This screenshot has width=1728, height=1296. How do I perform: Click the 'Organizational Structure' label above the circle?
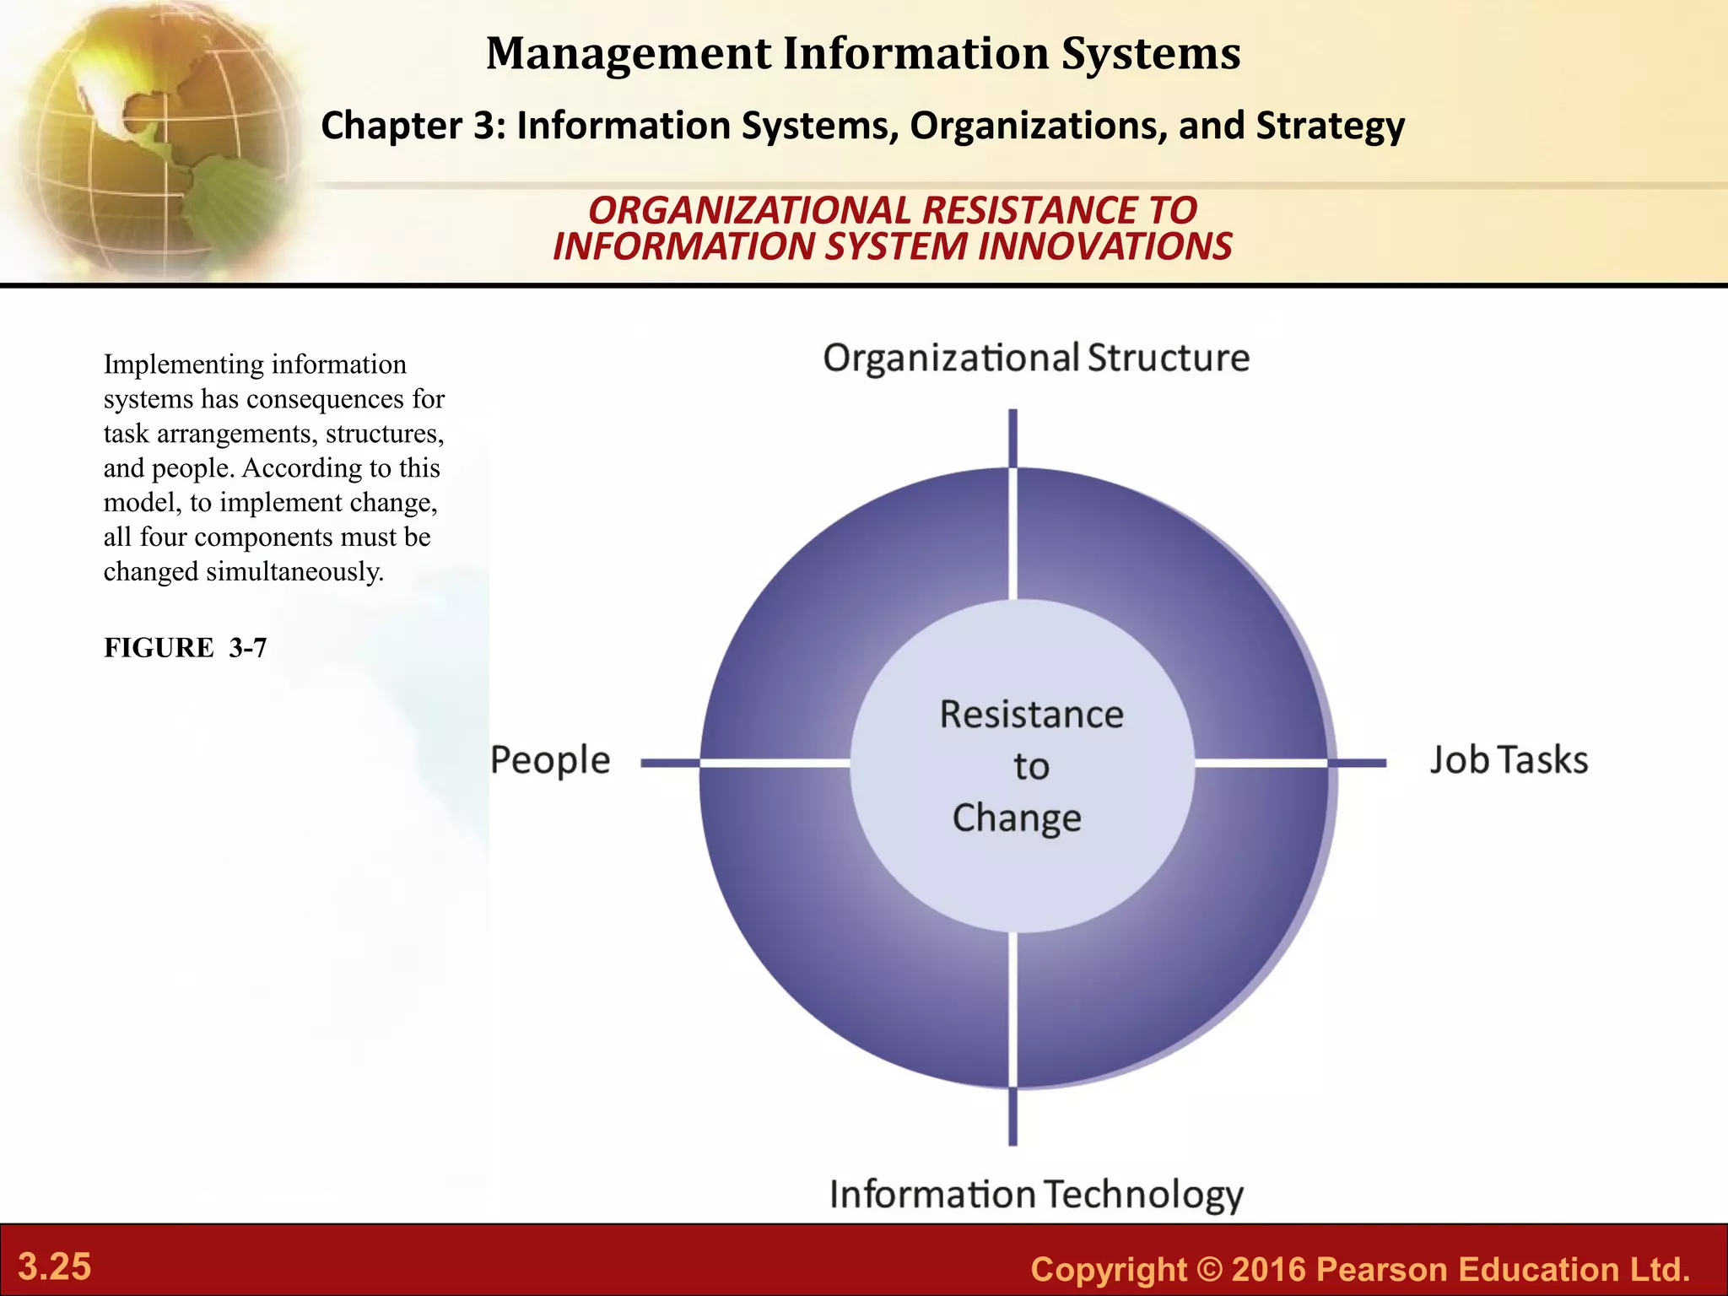1035,359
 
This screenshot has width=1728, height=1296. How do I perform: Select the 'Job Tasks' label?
1509,760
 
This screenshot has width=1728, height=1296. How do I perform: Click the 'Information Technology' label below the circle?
1036,1195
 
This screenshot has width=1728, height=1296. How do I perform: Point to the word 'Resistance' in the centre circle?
1031,715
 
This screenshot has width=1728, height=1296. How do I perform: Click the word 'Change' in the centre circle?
1017,818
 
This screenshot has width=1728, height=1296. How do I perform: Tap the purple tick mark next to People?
670,763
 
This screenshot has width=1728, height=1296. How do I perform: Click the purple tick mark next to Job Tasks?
1358,763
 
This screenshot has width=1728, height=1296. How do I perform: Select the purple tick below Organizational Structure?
1013,437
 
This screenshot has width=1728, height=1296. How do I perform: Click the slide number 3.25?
55,1267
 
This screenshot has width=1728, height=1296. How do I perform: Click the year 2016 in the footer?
1268,1269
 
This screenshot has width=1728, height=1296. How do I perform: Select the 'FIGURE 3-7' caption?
185,648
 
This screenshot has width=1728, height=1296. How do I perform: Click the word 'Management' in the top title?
628,53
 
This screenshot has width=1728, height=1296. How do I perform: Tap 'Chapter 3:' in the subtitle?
413,126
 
